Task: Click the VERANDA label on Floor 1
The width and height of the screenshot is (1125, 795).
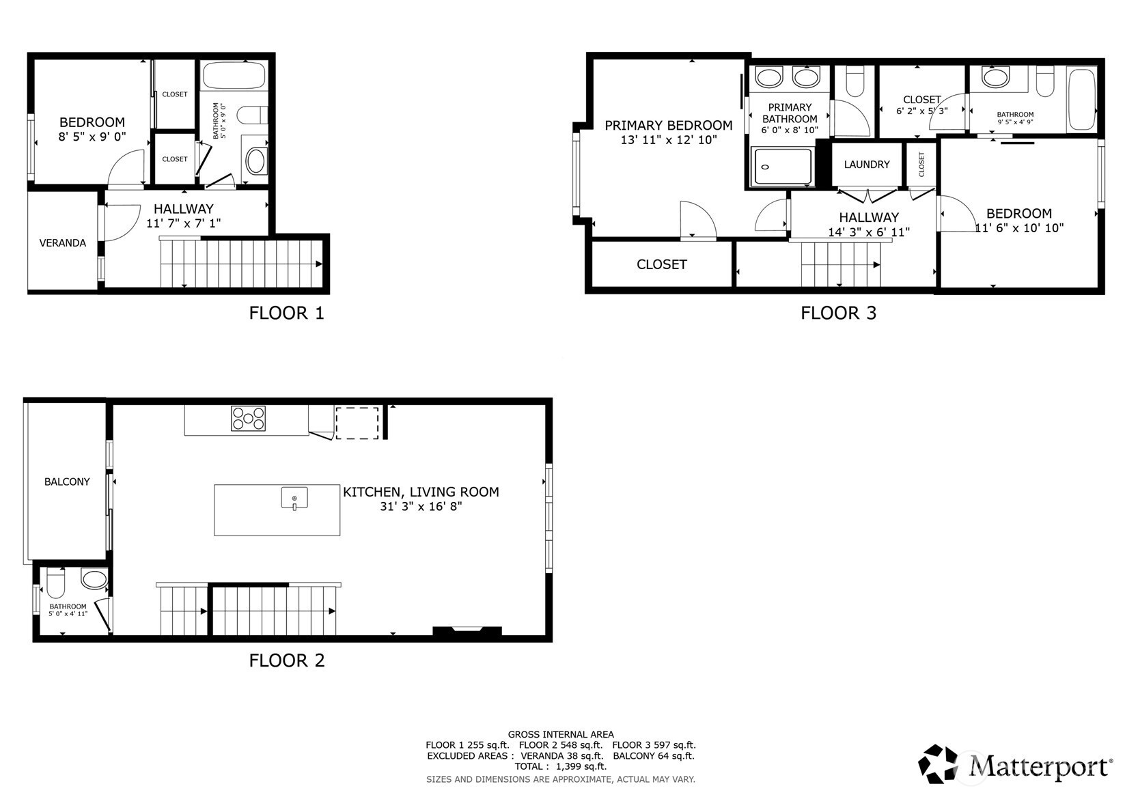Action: (x=63, y=243)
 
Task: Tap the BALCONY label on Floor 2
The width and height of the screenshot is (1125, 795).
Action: (x=67, y=482)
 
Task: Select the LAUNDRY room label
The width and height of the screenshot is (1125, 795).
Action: (x=867, y=164)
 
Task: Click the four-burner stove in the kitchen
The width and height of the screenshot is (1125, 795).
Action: (x=248, y=419)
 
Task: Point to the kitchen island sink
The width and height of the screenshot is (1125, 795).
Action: (x=294, y=498)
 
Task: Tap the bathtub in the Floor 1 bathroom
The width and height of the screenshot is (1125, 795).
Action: (x=234, y=76)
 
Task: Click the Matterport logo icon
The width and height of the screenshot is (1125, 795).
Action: (x=938, y=764)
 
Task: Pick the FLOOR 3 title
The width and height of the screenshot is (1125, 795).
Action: (x=838, y=313)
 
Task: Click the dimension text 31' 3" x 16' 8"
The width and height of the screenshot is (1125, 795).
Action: (x=421, y=506)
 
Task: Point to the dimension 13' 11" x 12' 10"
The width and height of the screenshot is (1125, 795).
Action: (x=669, y=139)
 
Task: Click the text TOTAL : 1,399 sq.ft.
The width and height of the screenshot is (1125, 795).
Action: (x=561, y=766)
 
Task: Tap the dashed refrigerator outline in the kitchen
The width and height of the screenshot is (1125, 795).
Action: (x=357, y=423)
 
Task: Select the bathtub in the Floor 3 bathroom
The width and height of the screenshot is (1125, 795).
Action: (x=1082, y=99)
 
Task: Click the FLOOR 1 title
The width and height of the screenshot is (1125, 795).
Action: (x=287, y=313)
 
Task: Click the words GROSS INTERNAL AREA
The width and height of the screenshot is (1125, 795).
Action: (x=561, y=735)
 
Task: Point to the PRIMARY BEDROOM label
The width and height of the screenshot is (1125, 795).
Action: (x=669, y=125)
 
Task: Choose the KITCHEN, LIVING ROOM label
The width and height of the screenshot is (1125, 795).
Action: (x=421, y=492)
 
